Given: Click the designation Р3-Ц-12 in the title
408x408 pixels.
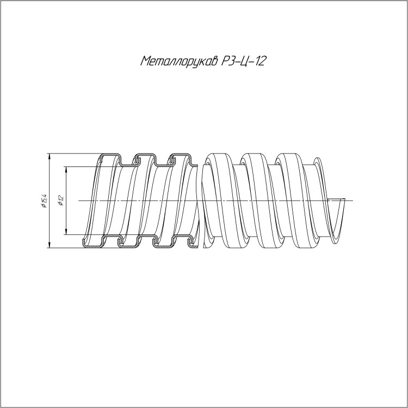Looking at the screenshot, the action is click(243, 61).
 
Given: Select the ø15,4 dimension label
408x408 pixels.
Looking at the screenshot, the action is click(44, 201).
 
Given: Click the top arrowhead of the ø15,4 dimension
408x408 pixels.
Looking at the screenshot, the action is click(50, 156).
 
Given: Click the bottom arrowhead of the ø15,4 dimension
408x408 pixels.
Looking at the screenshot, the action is click(50, 245).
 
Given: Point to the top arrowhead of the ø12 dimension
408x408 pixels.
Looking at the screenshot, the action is click(66, 169).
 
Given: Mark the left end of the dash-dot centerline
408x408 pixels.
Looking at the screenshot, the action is click(78, 201).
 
